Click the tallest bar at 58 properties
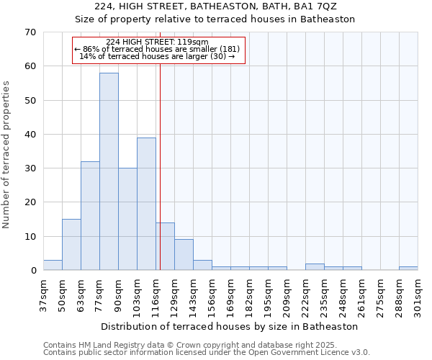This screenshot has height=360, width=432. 109,171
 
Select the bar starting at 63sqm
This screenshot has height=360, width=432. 90,216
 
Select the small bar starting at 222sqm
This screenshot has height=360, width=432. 315,266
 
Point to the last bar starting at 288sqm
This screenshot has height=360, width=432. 408,268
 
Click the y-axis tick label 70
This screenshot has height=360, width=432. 30,32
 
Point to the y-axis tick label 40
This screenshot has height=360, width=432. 30,135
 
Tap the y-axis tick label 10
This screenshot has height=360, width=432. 30,237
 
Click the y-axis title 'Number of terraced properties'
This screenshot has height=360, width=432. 6,155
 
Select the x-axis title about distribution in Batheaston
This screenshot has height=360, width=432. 230,326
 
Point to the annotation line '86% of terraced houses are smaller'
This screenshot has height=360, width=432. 159,49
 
